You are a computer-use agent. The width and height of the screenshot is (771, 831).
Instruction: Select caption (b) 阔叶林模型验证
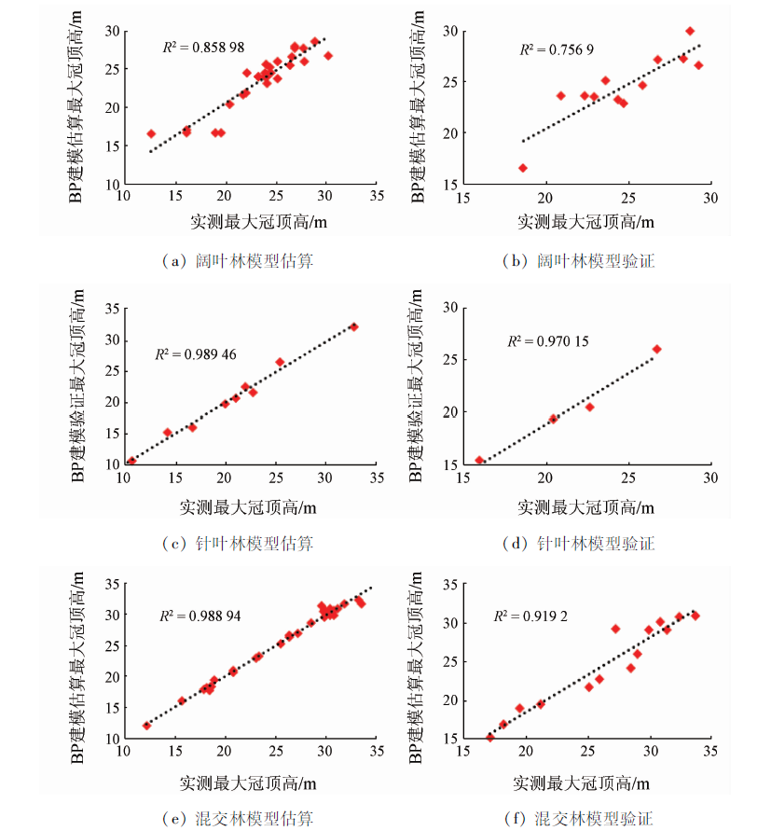click(578, 262)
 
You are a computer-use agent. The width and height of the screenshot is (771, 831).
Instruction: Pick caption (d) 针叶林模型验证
click(578, 543)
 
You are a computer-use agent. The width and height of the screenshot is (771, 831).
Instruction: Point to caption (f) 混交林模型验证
click(578, 819)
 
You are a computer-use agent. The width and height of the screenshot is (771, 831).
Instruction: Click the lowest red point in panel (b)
click(522, 168)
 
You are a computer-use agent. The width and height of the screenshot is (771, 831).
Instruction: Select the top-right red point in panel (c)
click(353, 326)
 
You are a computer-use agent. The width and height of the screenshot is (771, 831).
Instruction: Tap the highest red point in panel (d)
click(656, 349)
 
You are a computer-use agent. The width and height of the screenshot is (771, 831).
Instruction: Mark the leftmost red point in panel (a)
click(151, 133)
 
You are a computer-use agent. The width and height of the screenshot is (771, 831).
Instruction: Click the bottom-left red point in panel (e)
click(146, 725)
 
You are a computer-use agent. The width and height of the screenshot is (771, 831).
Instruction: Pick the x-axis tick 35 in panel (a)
click(377, 198)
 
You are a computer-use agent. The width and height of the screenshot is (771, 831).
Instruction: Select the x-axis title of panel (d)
click(585, 508)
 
